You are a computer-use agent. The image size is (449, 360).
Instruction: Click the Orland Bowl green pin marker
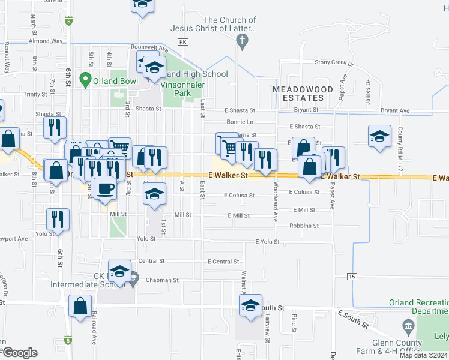point(85,79)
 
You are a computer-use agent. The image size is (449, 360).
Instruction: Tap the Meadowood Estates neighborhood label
point(303,94)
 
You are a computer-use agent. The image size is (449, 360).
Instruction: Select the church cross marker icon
point(242,42)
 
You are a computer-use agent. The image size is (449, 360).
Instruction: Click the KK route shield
point(184,42)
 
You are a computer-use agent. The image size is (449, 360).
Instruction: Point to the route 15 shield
point(351,276)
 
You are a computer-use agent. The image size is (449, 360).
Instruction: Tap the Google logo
point(20,353)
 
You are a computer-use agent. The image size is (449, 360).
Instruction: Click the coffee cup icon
point(105,188)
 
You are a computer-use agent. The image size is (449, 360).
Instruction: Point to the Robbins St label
point(304,226)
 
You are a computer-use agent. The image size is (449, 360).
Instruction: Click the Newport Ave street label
point(14,238)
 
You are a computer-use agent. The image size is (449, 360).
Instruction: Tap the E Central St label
point(223,262)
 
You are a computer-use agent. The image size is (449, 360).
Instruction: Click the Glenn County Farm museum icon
point(408,327)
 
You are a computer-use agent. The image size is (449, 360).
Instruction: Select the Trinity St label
point(35,94)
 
